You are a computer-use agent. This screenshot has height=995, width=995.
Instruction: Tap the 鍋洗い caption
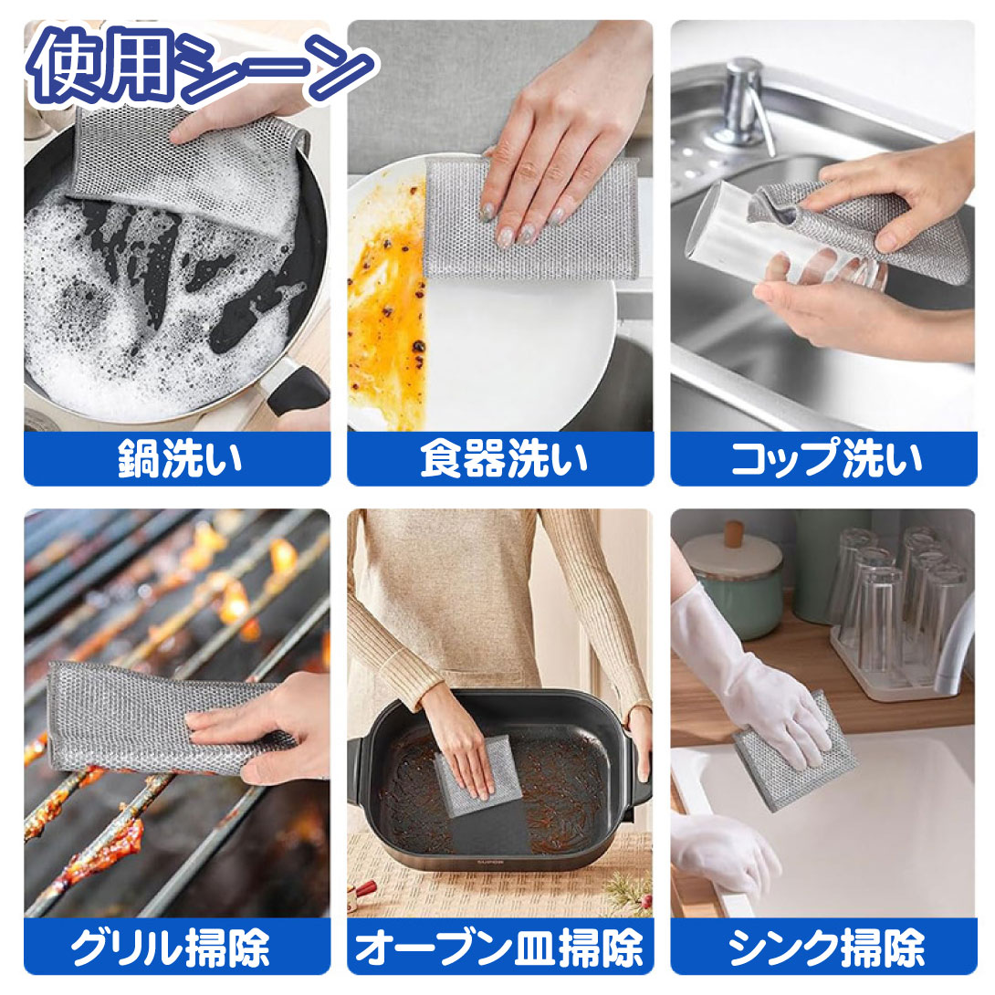[x=180, y=459]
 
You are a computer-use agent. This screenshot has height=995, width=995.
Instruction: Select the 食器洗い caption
[x=504, y=459]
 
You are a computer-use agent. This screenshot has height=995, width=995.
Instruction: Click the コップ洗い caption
[x=826, y=459]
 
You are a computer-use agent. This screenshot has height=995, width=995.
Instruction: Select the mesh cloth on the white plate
[x=529, y=219]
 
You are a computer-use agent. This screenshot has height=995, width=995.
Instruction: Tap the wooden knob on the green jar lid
[x=734, y=533]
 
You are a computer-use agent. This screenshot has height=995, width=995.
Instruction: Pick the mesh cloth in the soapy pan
[x=184, y=168]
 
